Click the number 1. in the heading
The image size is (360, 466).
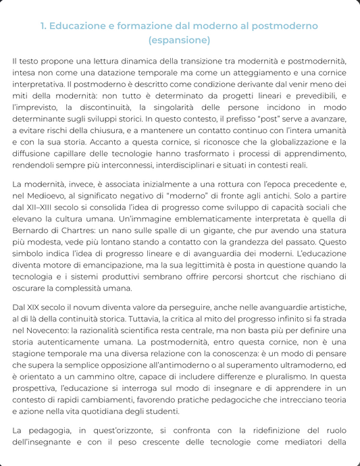[x=45, y=26]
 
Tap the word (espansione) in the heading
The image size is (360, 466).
[x=180, y=41]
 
